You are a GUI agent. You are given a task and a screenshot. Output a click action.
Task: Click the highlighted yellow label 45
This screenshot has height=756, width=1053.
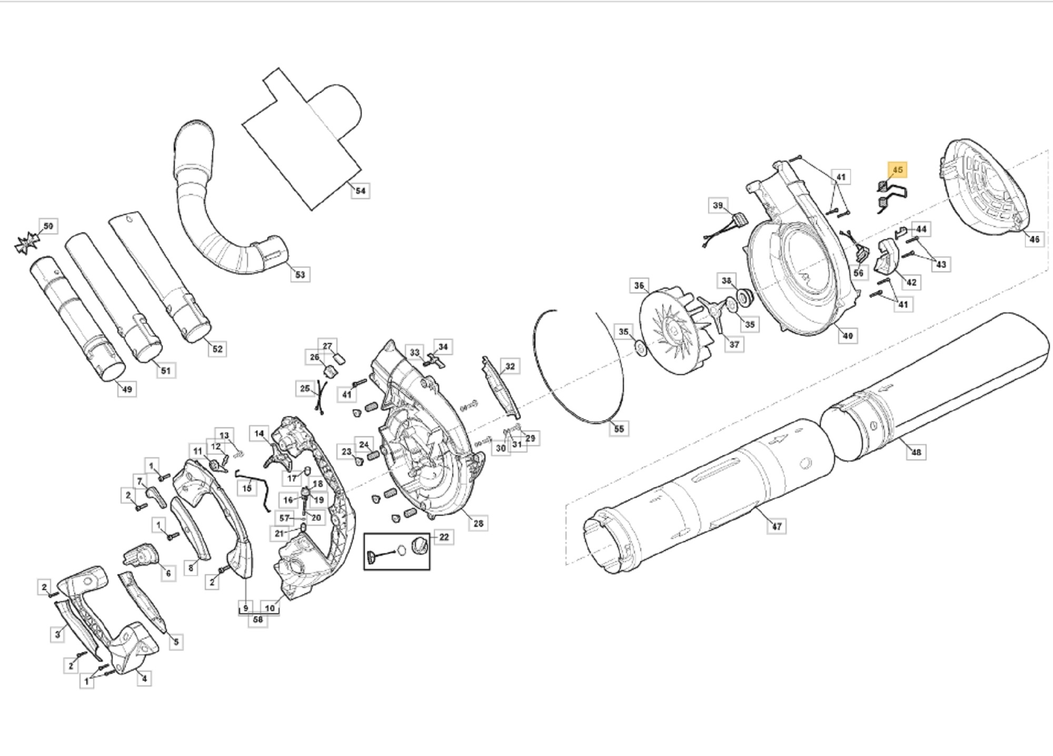898,170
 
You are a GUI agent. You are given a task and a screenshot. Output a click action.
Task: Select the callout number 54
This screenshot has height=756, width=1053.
360,191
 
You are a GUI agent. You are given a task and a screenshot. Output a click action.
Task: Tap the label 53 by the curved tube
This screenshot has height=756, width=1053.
300,274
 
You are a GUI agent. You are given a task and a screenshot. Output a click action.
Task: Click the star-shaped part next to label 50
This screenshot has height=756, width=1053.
27,244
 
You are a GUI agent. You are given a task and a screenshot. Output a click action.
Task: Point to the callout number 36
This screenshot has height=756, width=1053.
639,286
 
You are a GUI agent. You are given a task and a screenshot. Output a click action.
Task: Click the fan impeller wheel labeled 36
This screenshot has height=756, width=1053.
676,332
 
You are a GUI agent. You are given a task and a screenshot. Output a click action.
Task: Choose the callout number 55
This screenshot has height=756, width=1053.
619,429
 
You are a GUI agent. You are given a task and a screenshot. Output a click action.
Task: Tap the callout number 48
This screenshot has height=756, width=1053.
916,452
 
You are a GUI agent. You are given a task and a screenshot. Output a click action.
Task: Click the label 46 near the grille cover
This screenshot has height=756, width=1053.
1034,239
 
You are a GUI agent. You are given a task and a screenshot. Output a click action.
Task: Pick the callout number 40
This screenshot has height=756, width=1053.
848,336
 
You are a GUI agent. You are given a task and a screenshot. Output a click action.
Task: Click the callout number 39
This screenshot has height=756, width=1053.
718,205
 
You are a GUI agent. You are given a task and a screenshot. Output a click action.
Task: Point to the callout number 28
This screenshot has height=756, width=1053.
478,523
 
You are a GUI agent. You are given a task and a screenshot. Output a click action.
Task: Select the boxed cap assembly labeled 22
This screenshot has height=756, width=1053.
397,551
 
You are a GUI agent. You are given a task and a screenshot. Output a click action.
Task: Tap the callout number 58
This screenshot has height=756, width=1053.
257,620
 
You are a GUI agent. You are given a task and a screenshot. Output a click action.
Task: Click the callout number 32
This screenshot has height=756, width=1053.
510,366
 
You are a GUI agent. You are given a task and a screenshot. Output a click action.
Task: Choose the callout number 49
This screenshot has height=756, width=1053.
127,389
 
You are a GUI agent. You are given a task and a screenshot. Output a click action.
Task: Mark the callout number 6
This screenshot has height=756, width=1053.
168,573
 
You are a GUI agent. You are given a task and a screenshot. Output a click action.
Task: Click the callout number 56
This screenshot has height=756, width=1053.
858,273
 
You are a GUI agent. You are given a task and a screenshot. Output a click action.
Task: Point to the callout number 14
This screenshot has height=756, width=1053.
259,434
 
